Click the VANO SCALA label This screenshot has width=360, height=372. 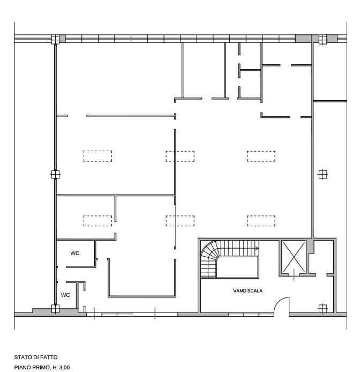click(247, 291)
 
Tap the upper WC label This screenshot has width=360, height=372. click(74, 254)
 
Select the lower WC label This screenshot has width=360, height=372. click(65, 295)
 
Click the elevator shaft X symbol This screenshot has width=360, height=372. click(294, 257)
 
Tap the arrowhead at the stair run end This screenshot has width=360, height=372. click(257, 248)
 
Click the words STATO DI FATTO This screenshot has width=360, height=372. click(36, 358)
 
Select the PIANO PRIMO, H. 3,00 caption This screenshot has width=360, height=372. click(42, 368)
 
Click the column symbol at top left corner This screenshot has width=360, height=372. click(55, 39)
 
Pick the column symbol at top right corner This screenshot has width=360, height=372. click(322, 39)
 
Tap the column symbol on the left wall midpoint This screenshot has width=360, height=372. click(55, 175)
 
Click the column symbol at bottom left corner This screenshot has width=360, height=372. click(55, 309)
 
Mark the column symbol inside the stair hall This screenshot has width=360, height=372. click(322, 308)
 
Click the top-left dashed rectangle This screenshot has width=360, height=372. click(97, 157)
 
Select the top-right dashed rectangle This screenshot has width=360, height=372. click(261, 157)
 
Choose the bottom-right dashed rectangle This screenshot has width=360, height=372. click(261, 221)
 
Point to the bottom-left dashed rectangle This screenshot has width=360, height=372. click(97, 221)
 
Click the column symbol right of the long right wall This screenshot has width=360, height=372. click(322, 175)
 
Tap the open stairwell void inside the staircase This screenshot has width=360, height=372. click(237, 267)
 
